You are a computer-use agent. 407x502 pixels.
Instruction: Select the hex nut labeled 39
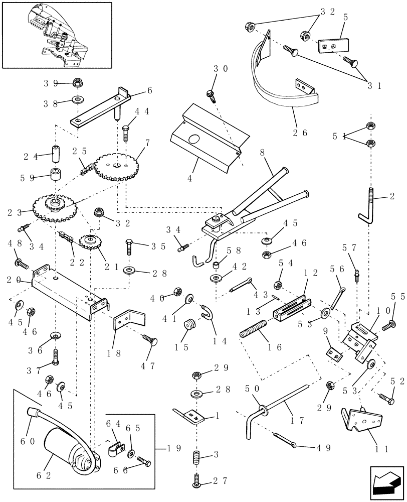coord(77,82)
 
